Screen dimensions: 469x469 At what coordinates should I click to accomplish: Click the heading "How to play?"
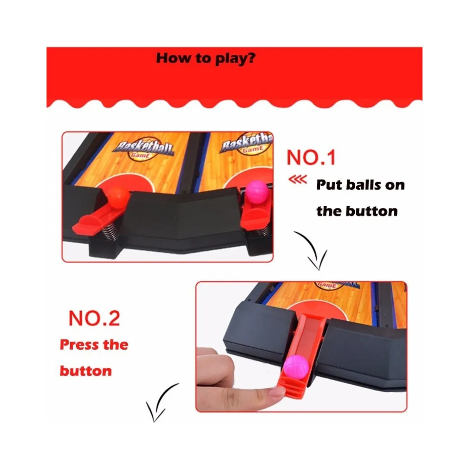click(206, 58)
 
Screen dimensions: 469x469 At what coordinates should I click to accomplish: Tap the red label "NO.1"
click(311, 157)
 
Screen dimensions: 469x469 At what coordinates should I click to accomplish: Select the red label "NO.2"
click(94, 318)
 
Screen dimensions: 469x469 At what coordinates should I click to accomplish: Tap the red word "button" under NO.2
click(86, 371)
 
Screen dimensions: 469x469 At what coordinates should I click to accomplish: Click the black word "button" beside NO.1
click(372, 211)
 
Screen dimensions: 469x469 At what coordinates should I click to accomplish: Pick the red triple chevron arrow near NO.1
click(297, 179)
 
